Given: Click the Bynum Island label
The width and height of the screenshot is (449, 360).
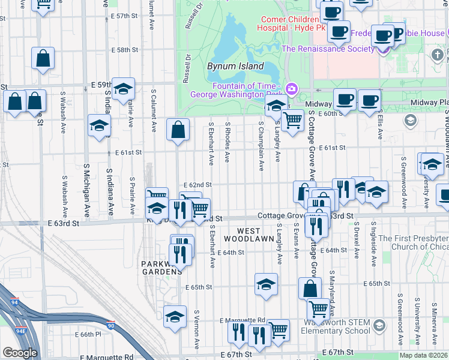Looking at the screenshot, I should pos(235,66).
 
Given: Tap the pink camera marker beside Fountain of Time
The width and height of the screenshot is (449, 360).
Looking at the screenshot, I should pos(292,89).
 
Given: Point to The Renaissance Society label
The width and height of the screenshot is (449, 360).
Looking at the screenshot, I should pos(327,49).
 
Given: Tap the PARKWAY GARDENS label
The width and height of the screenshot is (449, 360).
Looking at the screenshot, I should pos(161,268).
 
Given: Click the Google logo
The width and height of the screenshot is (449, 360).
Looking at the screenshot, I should pos(20,353).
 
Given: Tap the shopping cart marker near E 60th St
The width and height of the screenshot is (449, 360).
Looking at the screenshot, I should pos(292,121).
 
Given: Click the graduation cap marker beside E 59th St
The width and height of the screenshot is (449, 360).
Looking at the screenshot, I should pos(123,89).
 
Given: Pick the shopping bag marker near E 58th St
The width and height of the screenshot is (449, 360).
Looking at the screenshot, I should pos(43,59).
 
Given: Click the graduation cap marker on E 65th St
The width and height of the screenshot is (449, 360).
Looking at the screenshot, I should pos(266,284).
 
